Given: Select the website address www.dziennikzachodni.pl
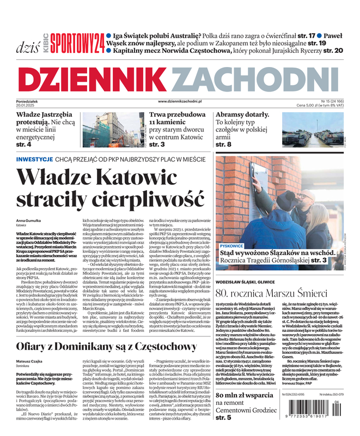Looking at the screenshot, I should tap(180, 101).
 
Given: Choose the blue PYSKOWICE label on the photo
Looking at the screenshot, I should tap(233, 246).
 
